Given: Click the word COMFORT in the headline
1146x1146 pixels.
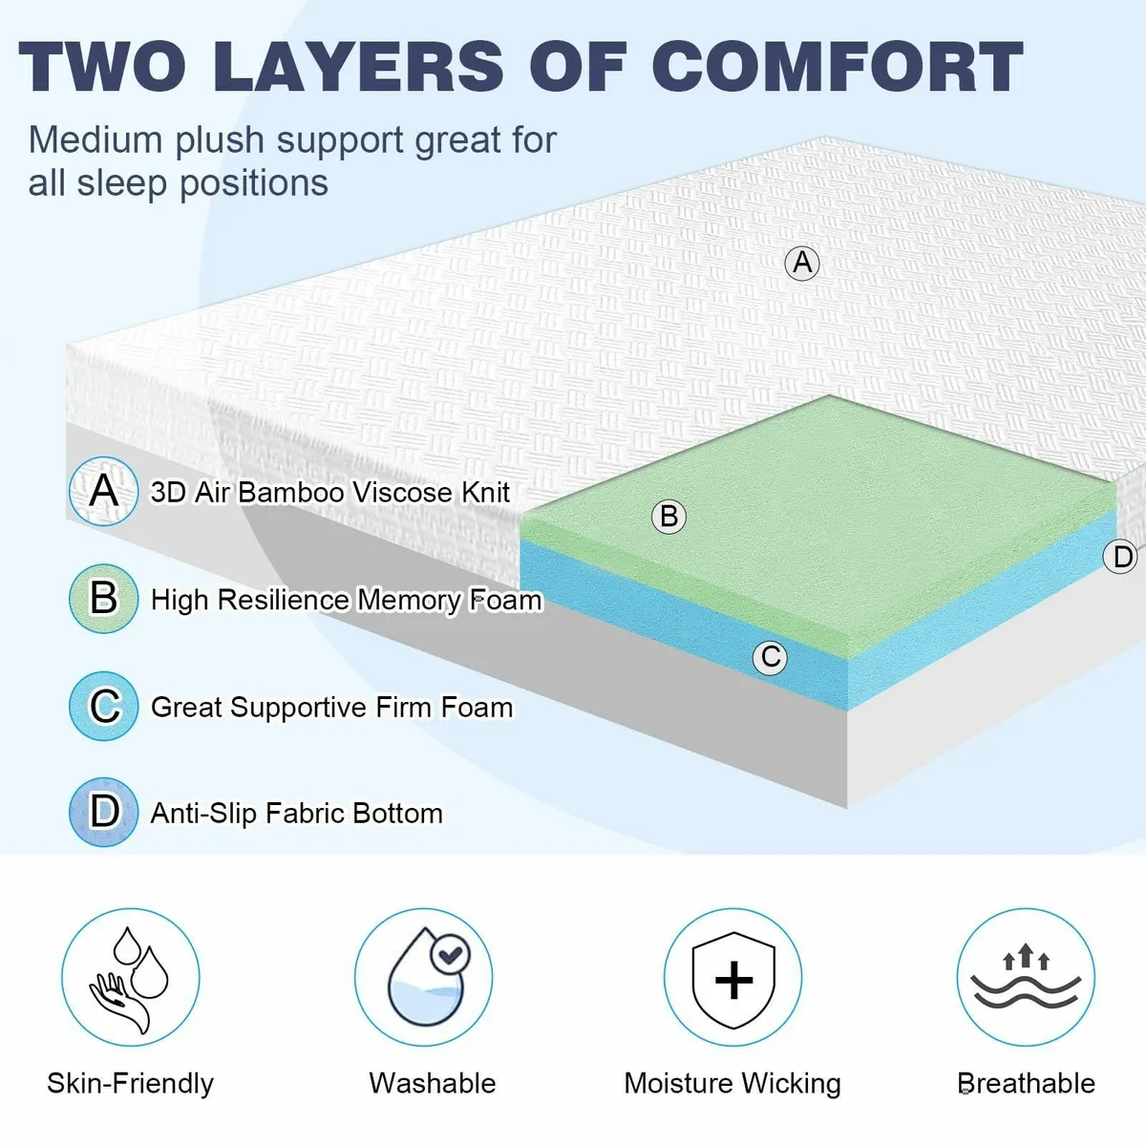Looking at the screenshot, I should tap(838, 67).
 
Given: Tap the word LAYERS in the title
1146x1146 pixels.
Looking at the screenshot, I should tap(358, 67).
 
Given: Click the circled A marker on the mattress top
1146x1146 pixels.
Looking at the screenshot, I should tap(802, 262).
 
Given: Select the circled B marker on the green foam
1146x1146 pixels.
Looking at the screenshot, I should tap(668, 517).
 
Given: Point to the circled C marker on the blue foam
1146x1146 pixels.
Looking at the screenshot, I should tap(770, 657).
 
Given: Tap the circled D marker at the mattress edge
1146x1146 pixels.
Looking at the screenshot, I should tap(1122, 557).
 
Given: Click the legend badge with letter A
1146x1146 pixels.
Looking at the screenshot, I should tap(104, 492).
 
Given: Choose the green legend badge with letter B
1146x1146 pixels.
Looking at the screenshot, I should tap(104, 599).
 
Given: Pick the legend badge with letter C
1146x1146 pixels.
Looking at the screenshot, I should tap(104, 707).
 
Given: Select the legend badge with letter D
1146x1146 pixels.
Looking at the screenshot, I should tap(104, 813).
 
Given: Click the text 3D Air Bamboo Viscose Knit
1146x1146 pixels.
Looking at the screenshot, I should tap(330, 493).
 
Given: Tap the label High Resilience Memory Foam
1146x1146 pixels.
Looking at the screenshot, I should tap(347, 600).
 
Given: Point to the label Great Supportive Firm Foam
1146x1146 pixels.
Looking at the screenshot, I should tap(332, 708).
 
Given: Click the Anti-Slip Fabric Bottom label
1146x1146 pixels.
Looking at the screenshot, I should tap(297, 814).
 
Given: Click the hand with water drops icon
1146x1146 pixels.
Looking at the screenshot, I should tap(131, 978).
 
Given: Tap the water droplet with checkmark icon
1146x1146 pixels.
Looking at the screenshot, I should tap(424, 978).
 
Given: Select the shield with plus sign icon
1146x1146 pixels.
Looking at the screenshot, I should tap(733, 978).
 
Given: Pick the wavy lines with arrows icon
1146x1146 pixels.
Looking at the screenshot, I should tap(1027, 978).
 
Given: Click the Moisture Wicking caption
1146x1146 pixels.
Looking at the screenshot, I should tap(732, 1084).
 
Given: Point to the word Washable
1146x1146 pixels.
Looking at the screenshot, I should tap(433, 1084).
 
